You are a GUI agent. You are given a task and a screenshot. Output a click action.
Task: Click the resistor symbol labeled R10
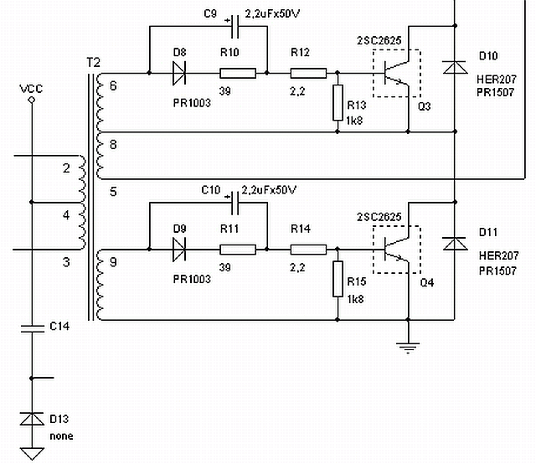pyautogui.click(x=237, y=74)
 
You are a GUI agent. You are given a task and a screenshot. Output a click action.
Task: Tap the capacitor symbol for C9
pyautogui.click(x=235, y=26)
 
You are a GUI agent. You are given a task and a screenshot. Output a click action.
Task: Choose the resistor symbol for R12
pyautogui.click(x=308, y=74)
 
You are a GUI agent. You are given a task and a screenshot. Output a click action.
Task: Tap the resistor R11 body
pyautogui.click(x=237, y=249)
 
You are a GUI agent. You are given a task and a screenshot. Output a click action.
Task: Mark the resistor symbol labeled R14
pyautogui.click(x=308, y=249)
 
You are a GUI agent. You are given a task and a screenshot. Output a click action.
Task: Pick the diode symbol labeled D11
pyautogui.click(x=454, y=244)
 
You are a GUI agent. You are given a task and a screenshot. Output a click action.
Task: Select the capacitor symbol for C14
pyautogui.click(x=32, y=326)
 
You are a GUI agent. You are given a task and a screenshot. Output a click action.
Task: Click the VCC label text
pyautogui.click(x=31, y=87)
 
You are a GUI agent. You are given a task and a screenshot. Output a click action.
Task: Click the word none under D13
pyautogui.click(x=60, y=436)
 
